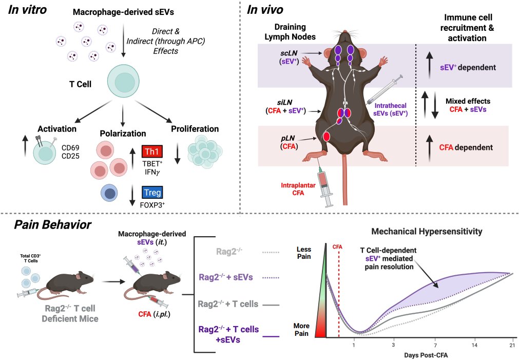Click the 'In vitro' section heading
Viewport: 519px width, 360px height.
pyautogui.click(x=31, y=11)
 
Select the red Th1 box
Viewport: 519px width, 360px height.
pyautogui.click(x=151, y=151)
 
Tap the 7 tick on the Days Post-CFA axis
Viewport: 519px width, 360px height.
pyautogui.click(x=435, y=346)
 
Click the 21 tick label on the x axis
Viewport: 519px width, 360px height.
pyautogui.click(x=511, y=346)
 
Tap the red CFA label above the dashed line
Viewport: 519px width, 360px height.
pyautogui.click(x=338, y=247)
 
